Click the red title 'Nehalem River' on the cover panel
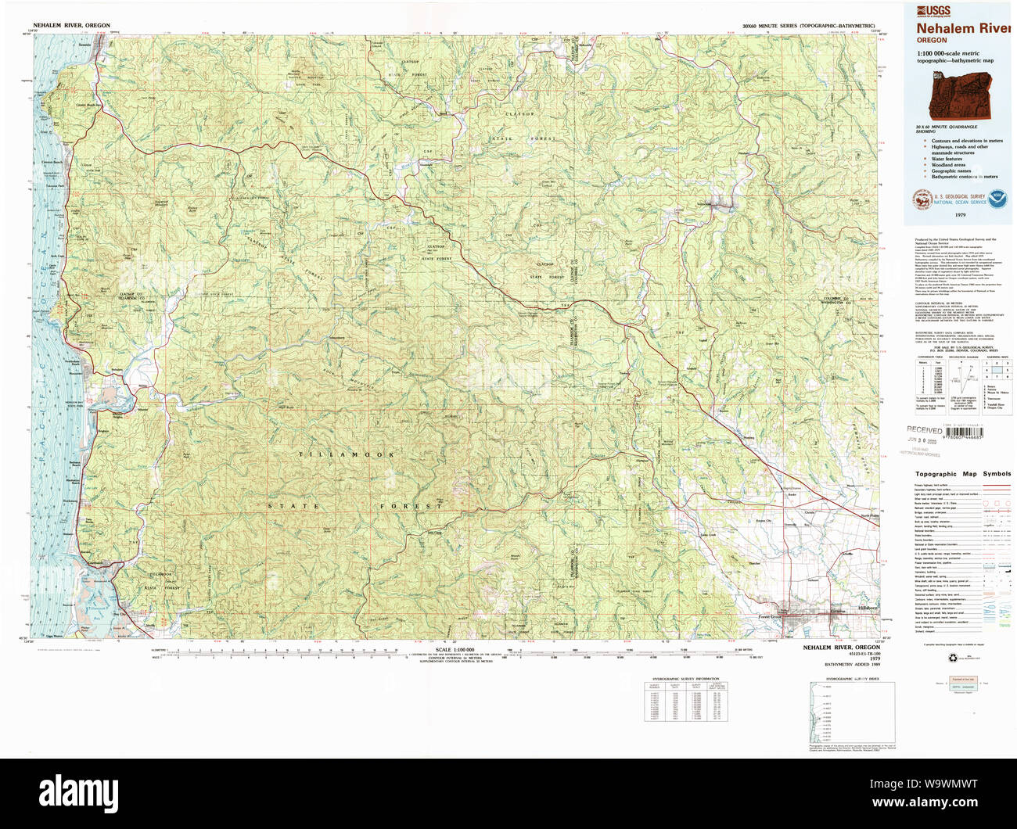click(x=964, y=28)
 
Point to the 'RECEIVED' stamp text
click(x=925, y=429)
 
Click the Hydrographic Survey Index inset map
click(x=852, y=712)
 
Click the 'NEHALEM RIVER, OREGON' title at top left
click(x=71, y=26)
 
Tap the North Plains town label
click(x=870, y=515)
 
